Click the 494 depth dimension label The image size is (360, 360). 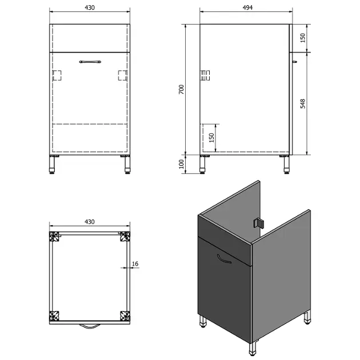coord(247,7)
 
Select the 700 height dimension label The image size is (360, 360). coord(181,89)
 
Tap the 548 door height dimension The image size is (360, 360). coord(303,103)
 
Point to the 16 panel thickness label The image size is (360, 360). coord(135,263)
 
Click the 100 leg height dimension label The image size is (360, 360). coord(181,164)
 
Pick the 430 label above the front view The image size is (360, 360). coord(90,7)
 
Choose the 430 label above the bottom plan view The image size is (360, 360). coord(90,222)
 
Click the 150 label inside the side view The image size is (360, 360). coord(211,138)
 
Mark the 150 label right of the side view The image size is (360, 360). coord(303,38)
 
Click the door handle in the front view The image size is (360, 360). coord(90,62)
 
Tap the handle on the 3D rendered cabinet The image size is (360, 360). coord(223,259)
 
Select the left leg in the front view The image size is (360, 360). coord(53,165)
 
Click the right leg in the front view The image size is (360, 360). coord(127,165)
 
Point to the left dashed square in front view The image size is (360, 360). coord(57,75)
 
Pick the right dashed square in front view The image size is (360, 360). coord(123,75)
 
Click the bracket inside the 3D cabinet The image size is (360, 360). coord(258,223)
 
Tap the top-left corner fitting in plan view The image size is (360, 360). coord(54,237)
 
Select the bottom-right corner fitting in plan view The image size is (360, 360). coord(125,316)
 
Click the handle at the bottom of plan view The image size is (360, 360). coord(90,326)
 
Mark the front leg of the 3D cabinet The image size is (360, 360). coord(253,349)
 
